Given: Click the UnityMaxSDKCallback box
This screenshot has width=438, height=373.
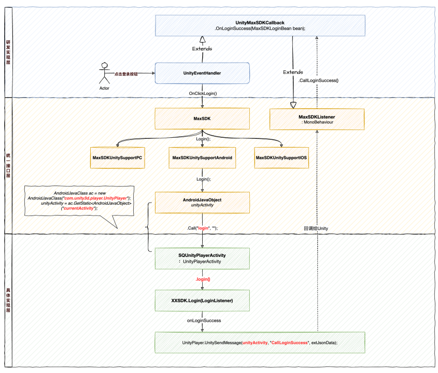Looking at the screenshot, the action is click(x=260, y=25).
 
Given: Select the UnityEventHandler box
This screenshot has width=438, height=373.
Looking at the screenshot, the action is click(x=202, y=73).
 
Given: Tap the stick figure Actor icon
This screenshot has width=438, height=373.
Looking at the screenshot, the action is click(x=105, y=73).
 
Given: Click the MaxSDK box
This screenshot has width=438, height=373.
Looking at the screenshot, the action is click(x=202, y=119).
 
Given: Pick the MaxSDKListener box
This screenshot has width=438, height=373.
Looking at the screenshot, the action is click(x=317, y=119).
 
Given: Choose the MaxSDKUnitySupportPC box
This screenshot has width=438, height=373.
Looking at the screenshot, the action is click(x=117, y=157).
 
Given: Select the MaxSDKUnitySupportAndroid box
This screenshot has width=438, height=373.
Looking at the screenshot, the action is click(x=202, y=157).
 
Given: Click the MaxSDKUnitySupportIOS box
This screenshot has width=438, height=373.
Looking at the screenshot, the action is click(x=281, y=157).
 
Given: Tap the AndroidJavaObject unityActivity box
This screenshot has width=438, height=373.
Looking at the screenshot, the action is click(x=202, y=203).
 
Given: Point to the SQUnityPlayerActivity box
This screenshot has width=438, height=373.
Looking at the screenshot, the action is click(x=202, y=259).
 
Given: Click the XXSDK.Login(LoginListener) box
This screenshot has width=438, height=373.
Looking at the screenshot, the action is click(x=202, y=300).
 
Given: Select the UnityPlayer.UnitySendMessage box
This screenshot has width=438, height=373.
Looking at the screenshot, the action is click(x=260, y=342).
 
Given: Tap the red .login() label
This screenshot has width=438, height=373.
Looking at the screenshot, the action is click(x=203, y=279).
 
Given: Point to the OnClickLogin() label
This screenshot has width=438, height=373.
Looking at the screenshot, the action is click(x=203, y=93).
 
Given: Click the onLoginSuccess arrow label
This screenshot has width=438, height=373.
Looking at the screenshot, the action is click(x=204, y=321).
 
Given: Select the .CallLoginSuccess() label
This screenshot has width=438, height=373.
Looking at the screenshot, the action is click(x=318, y=80).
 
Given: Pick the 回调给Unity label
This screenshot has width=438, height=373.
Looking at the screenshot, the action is click(x=316, y=228).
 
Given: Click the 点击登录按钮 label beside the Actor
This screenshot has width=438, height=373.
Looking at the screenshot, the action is click(x=126, y=74).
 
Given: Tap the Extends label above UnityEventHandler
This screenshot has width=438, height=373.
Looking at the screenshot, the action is click(x=202, y=49).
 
